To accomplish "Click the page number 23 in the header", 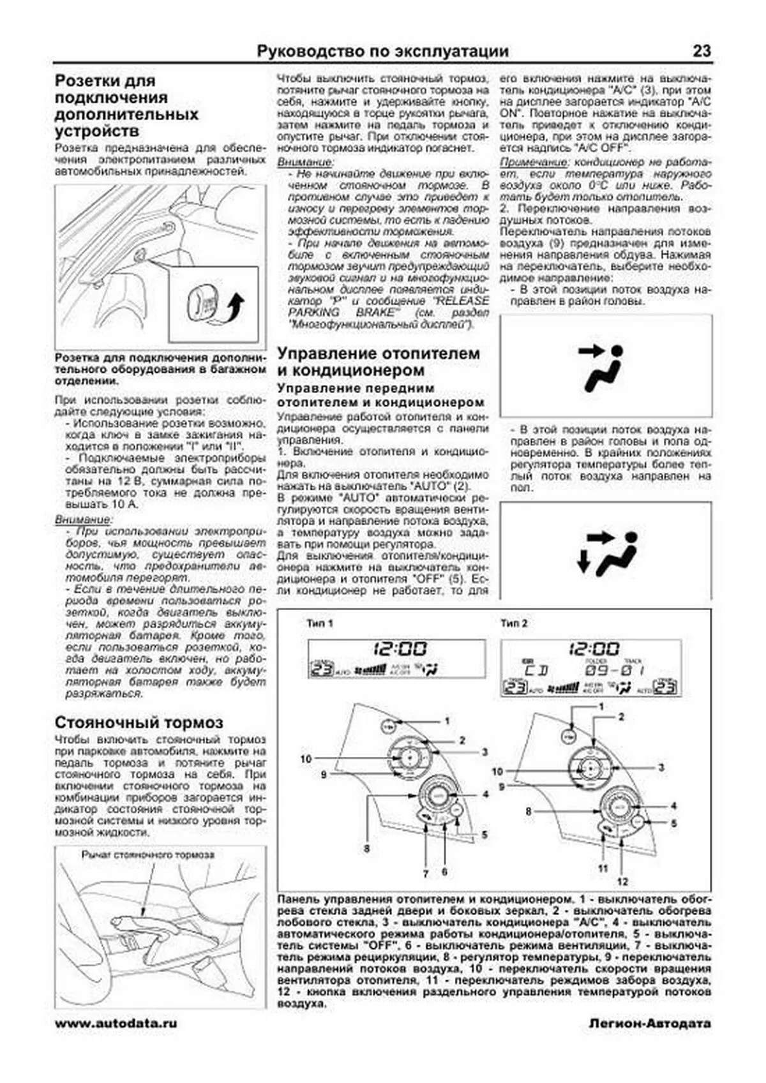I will (702, 51).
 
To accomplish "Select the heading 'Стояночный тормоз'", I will (139, 722).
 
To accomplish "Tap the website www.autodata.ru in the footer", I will (116, 1023).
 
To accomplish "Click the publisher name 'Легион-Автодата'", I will (649, 1023).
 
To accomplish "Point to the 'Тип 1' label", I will (320, 623).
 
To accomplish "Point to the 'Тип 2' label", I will (514, 623).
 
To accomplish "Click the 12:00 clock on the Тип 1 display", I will (400, 649).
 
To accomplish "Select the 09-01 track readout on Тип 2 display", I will (615, 670).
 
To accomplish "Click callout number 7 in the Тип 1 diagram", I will (425, 872).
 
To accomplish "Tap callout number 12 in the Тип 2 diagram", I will (622, 881).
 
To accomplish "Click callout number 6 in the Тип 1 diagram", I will (444, 872).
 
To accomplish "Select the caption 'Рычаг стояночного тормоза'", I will (148, 855).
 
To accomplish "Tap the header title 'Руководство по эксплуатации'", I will (383, 51).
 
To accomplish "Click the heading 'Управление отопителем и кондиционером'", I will (379, 361).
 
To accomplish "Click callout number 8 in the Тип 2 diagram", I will (529, 811).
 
